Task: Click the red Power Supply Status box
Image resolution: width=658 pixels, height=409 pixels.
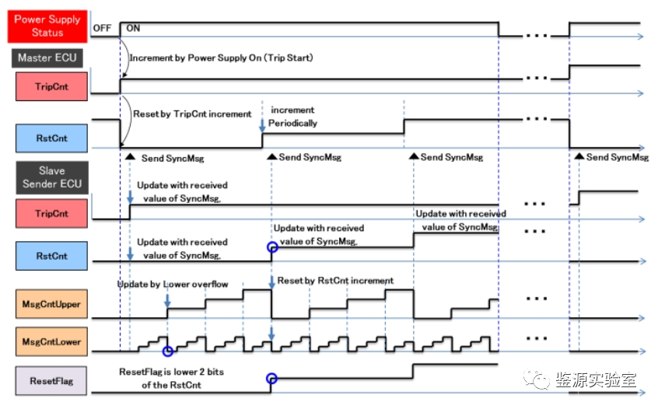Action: [x=47, y=26]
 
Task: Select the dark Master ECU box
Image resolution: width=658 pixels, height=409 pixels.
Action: [x=47, y=58]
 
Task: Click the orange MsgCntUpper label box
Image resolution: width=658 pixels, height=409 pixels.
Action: [x=51, y=304]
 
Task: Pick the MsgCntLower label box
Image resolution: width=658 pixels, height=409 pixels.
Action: [x=51, y=341]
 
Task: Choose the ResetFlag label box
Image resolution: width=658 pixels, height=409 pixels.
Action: [x=51, y=380]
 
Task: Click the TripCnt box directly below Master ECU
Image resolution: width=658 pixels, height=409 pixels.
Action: [x=51, y=86]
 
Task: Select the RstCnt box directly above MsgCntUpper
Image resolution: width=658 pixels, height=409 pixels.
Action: [x=51, y=256]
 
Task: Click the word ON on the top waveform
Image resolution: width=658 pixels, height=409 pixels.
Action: [x=133, y=28]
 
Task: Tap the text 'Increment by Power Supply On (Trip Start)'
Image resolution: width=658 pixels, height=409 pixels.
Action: [x=221, y=58]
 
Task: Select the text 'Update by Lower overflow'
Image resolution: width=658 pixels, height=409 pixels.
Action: [x=173, y=284]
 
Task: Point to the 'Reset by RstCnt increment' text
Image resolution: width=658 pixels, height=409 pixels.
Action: [x=335, y=280]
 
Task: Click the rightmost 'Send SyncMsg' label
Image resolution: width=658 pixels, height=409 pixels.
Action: [x=617, y=157]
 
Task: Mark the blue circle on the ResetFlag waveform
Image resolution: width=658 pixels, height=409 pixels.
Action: [x=271, y=379]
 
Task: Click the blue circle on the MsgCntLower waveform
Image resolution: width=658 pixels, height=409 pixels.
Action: [x=167, y=351]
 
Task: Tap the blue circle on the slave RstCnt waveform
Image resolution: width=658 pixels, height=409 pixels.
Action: [x=271, y=247]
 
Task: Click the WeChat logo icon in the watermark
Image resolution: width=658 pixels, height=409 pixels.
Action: [x=538, y=379]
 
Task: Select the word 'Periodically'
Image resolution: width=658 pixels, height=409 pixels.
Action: [x=293, y=123]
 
